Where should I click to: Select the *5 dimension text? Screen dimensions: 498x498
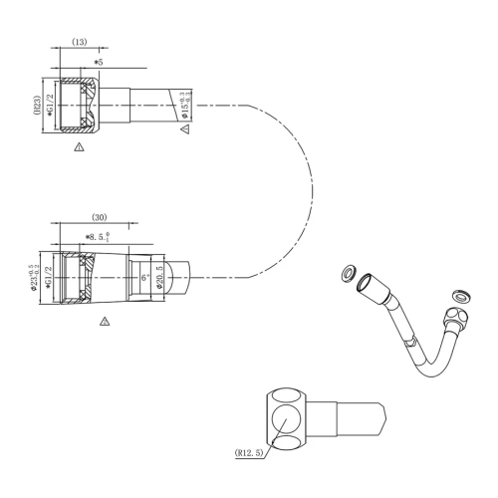coord(98,63)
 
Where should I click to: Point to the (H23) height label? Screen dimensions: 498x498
coord(37,107)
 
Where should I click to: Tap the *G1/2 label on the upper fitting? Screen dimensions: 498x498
coord(50,107)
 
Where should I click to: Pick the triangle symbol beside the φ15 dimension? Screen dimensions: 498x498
coord(184,128)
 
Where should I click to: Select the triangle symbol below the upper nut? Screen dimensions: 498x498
coord(80,146)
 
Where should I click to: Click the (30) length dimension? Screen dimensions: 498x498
coord(99,217)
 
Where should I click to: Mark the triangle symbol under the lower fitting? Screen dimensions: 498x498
coord(105,321)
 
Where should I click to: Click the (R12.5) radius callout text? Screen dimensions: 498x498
coord(251,452)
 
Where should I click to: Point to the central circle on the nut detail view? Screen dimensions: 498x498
coord(288,417)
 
